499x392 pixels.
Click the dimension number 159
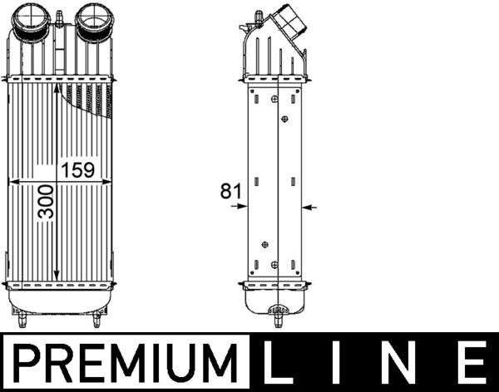point(77,170)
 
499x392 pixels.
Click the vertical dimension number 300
point(47,201)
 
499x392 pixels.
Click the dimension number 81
point(230,191)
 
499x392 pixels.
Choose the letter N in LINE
point(408,364)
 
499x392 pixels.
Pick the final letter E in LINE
point(472,364)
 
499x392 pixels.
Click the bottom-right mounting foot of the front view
point(96,318)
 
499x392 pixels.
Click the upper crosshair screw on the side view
point(284,119)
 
